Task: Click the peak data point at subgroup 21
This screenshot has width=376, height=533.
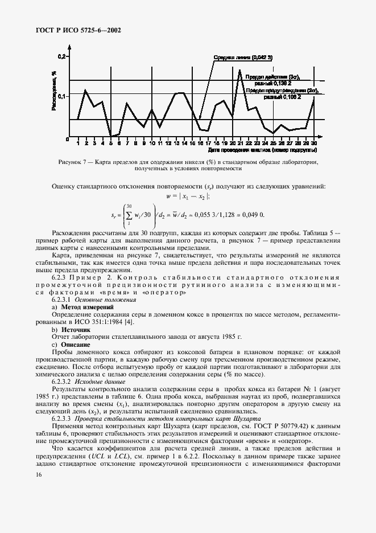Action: (239, 71)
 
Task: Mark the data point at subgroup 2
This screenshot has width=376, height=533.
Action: (85, 90)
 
